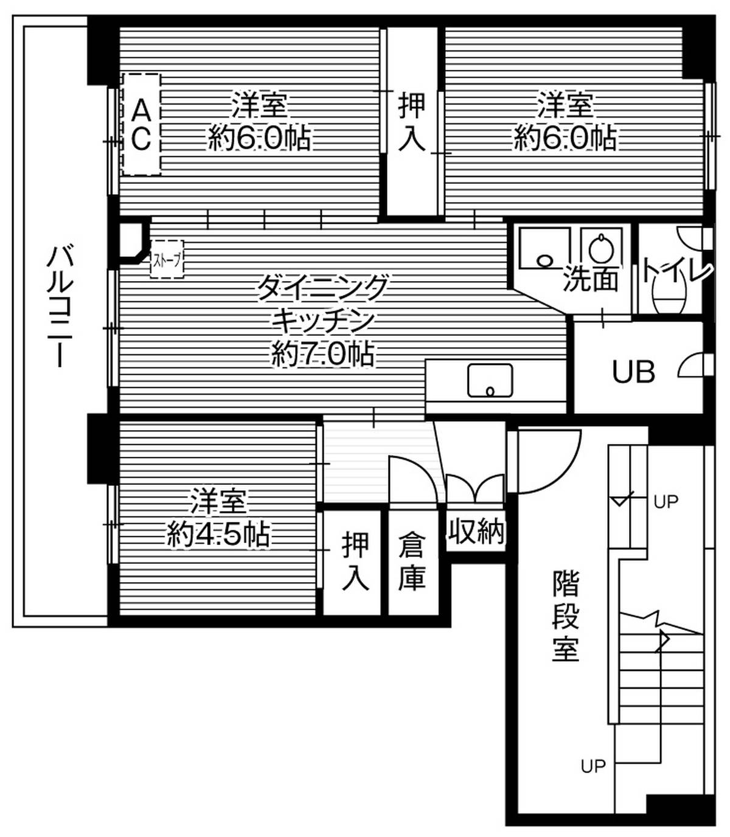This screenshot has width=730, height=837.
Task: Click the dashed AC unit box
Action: tap(141, 125)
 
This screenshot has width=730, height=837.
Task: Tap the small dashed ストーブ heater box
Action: tap(166, 260)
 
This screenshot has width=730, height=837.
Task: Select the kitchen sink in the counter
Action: tap(490, 381)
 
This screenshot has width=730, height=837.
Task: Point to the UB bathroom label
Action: tap(633, 372)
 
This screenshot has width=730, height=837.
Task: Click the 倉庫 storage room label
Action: tap(412, 561)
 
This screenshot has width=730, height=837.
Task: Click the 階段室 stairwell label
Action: tap(566, 616)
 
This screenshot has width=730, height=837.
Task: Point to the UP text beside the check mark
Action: tap(666, 502)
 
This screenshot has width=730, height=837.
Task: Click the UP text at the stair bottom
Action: tap(593, 766)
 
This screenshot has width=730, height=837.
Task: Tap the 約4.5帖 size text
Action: tap(218, 535)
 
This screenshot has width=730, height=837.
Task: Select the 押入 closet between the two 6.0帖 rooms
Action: tap(412, 122)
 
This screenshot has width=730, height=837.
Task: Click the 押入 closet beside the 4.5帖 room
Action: tap(355, 561)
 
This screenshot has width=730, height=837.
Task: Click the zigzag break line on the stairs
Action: tap(657, 627)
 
